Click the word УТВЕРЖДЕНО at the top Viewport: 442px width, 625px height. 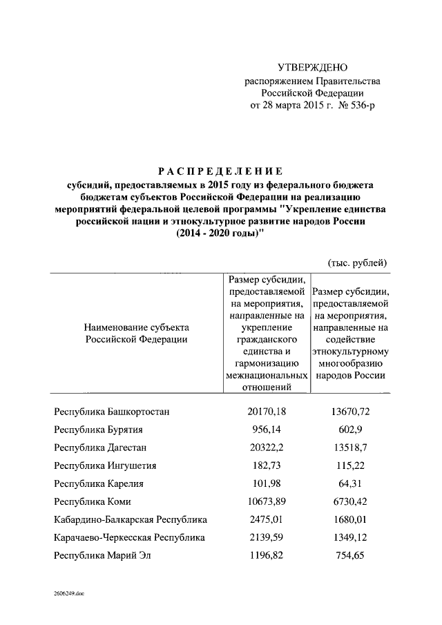tap(312, 68)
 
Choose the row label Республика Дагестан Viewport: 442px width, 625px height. tap(101, 448)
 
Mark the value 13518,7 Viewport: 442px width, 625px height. tap(351, 448)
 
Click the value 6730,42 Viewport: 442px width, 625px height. tap(351, 501)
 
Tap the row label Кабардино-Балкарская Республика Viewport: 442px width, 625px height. tap(131, 519)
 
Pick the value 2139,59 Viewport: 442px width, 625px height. tap(267, 537)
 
